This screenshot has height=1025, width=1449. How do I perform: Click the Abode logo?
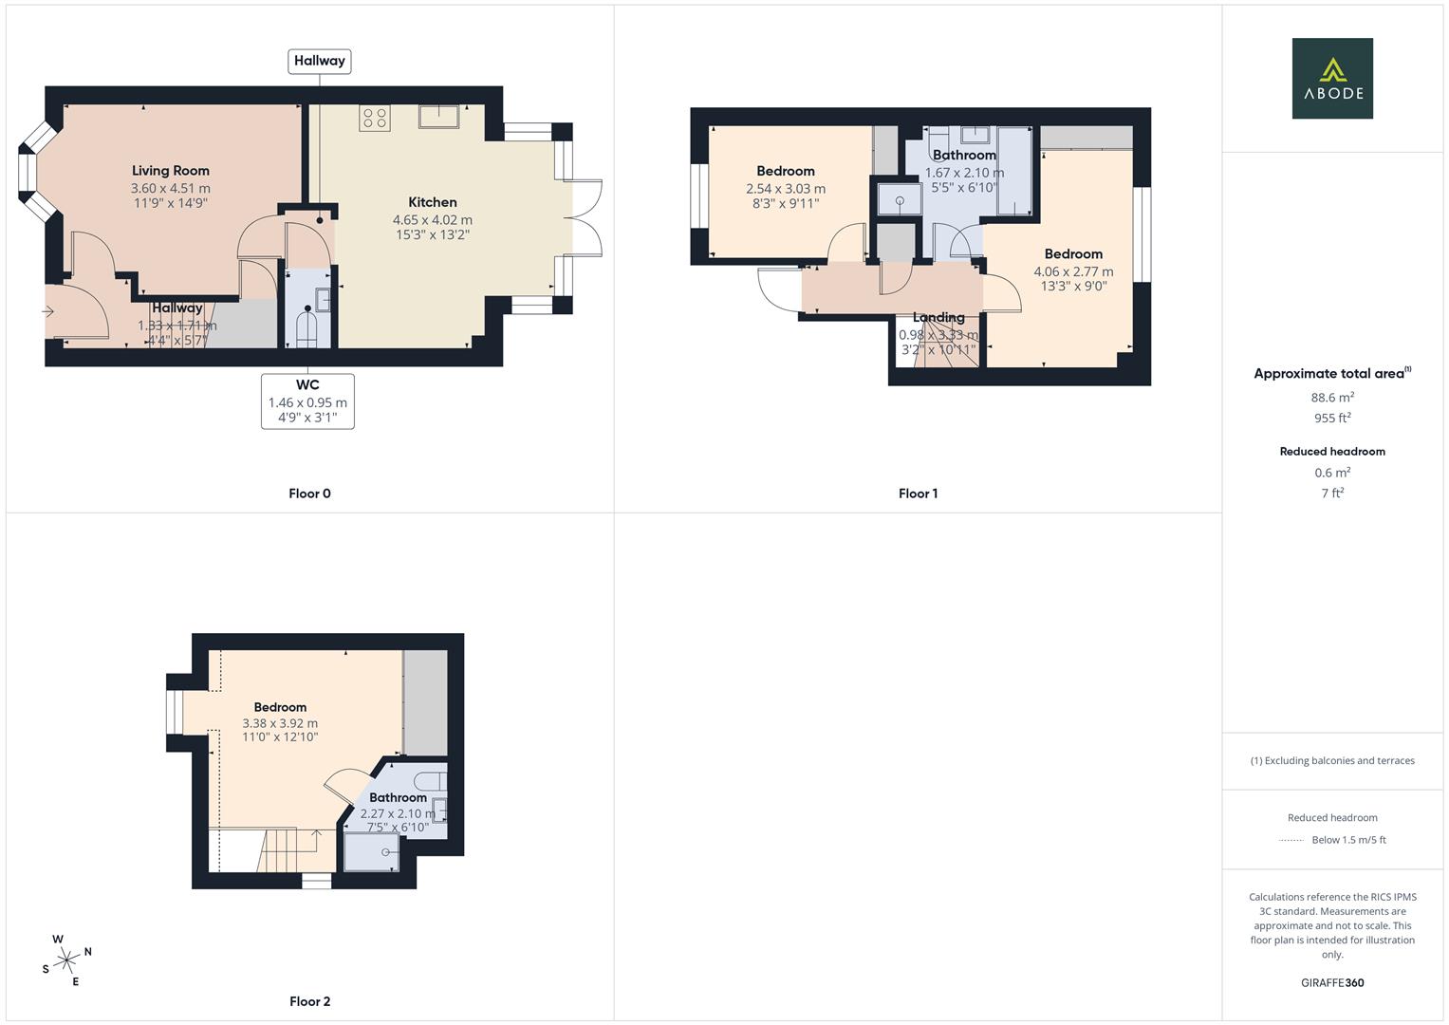click(x=1331, y=78)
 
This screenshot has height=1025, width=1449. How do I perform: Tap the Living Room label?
click(x=171, y=171)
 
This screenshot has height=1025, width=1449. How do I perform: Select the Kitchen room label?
click(x=433, y=202)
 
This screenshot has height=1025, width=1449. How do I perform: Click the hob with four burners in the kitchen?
click(x=374, y=118)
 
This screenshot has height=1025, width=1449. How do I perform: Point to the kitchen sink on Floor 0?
click(x=439, y=116)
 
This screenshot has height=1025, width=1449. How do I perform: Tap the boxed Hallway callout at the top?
click(x=319, y=61)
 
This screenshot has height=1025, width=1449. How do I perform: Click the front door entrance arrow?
click(x=48, y=311)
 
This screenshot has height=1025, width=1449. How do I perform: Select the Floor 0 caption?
click(x=309, y=494)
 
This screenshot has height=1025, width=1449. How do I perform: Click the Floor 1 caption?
click(x=918, y=494)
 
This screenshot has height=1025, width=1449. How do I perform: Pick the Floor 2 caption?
click(x=309, y=1001)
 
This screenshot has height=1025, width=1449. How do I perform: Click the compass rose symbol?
click(x=66, y=960)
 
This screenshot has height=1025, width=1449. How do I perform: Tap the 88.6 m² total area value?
click(x=1333, y=398)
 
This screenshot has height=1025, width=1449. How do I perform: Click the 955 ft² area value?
click(x=1332, y=419)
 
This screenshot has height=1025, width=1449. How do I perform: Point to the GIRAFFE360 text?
click(x=1332, y=983)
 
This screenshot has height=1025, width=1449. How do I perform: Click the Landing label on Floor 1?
click(x=938, y=317)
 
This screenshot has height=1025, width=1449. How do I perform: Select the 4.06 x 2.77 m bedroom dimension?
click(x=1073, y=271)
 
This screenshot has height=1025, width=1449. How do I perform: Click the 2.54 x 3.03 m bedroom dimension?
click(x=786, y=189)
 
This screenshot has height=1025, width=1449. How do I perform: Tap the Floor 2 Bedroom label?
click(x=280, y=707)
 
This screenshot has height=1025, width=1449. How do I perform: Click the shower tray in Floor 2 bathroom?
click(x=371, y=851)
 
